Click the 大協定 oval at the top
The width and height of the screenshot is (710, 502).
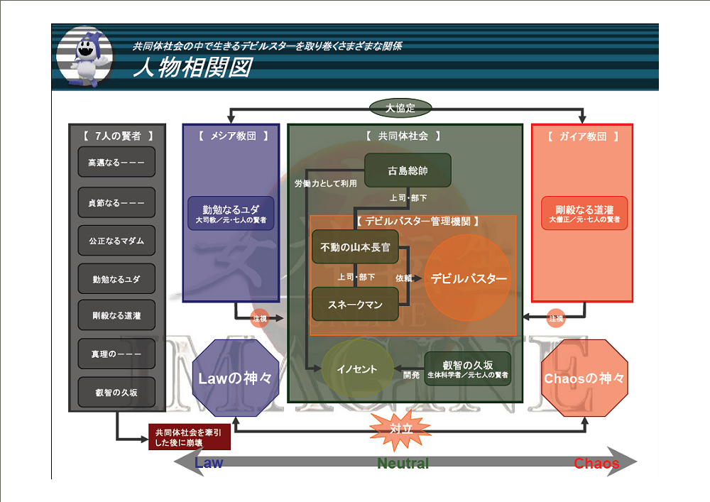point(400,109)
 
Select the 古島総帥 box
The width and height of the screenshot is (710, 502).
point(408,171)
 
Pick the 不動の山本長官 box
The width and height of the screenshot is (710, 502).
point(355,247)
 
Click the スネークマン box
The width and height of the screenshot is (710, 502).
point(355,305)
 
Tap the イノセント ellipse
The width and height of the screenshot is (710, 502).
point(358,369)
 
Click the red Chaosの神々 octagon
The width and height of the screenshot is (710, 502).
point(584,378)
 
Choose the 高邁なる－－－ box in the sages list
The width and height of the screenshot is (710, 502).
point(116,163)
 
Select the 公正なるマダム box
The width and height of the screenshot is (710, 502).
point(116,241)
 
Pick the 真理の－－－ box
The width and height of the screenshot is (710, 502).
point(116,354)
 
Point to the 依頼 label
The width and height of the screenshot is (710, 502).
point(404,278)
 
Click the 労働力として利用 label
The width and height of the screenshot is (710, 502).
point(325,184)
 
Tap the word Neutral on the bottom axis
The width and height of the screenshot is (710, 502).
point(403,464)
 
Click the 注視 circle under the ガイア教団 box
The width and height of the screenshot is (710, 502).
point(555,319)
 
